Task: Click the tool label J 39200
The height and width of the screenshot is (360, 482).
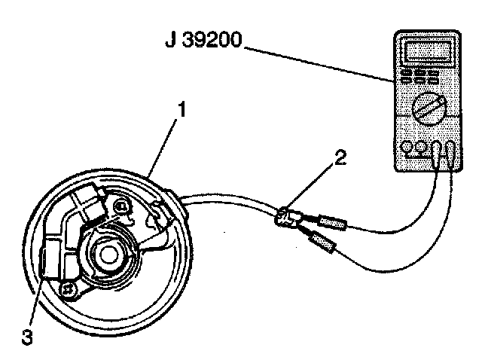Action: click(x=203, y=40)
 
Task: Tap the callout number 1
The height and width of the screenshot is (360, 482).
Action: click(x=182, y=110)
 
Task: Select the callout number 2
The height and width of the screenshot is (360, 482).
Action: click(x=340, y=157)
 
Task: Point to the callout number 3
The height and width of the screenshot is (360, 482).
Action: click(x=27, y=337)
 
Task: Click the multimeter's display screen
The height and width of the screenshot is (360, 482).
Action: click(x=428, y=51)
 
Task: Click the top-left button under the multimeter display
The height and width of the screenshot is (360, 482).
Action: click(x=407, y=73)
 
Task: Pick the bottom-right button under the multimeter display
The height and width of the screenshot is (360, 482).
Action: click(x=433, y=81)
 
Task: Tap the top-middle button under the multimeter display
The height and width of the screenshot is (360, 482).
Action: click(x=420, y=73)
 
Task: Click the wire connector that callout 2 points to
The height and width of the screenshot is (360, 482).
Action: click(x=286, y=218)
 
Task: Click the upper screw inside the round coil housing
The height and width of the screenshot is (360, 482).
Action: click(x=120, y=206)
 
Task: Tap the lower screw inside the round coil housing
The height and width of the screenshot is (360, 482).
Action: click(x=68, y=290)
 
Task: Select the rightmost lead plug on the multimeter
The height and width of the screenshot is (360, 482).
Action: click(x=450, y=153)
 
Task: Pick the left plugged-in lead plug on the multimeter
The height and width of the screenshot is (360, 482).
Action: click(x=437, y=154)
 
